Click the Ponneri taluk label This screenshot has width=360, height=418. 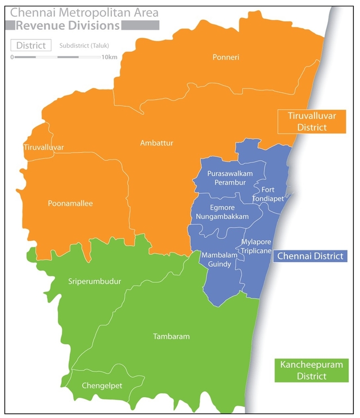pos(226,57)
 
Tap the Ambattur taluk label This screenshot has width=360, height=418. pos(156,143)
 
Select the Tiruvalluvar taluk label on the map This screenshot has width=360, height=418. pos(44,147)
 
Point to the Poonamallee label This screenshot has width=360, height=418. pos(70,204)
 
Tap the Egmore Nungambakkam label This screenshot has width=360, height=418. pos(223,211)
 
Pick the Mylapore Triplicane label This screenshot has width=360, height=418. pos(256,247)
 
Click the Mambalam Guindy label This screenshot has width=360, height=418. pos(217,259)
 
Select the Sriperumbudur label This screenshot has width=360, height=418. pos(94,281)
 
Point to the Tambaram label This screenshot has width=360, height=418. pos(171,336)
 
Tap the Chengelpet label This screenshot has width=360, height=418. pos(102,385)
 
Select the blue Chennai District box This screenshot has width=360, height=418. pos(310,256)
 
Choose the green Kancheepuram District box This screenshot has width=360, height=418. pos(311,371)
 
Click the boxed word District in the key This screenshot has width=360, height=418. pos(31,46)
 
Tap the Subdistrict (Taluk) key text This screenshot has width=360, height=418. pos(84,46)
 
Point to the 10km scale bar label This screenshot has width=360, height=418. pos(109,57)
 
